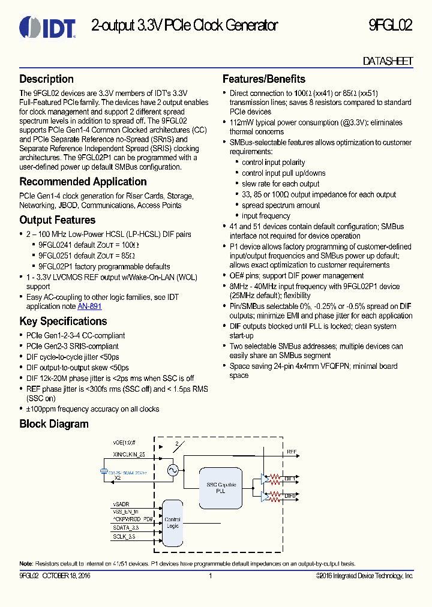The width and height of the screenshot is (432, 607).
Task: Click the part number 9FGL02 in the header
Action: [x=390, y=26]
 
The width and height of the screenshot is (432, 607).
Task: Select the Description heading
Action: [x=47, y=79]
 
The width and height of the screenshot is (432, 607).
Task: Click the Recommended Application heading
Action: [x=83, y=182]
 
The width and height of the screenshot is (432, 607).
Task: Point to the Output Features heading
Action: [x=58, y=220]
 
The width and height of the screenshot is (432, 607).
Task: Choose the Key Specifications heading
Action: [x=63, y=321]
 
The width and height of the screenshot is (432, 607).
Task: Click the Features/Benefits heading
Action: [x=264, y=79]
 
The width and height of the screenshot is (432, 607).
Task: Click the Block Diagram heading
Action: [x=54, y=424]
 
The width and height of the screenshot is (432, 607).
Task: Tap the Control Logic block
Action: [x=172, y=522]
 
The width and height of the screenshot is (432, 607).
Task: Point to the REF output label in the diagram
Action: [x=292, y=452]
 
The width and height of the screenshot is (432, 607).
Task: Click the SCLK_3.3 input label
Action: [x=124, y=536]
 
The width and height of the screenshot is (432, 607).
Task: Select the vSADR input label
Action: [x=121, y=504]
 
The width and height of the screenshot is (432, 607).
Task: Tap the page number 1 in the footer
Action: [x=210, y=576]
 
